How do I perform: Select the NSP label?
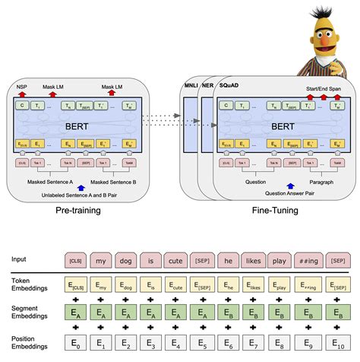[21, 88]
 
